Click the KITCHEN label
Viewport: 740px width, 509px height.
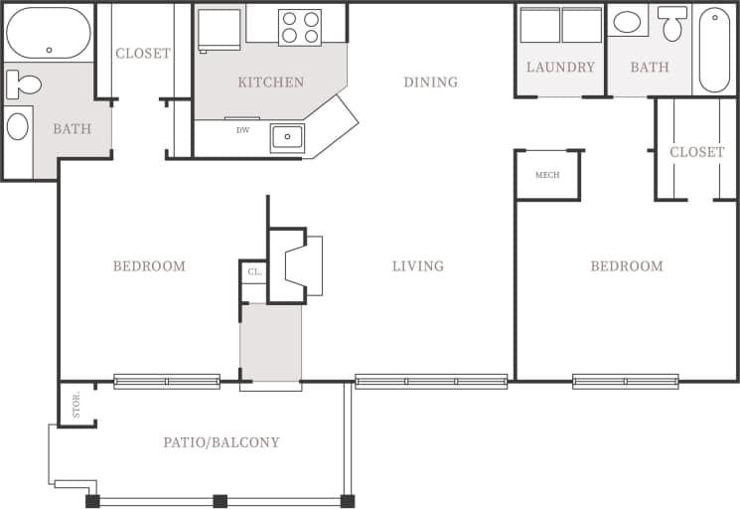[270, 83]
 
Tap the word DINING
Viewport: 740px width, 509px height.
[430, 83]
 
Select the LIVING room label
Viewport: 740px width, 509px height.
[417, 266]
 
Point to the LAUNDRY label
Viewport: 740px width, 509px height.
[560, 68]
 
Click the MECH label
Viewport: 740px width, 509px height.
[547, 175]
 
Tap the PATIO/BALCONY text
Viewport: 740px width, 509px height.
[222, 442]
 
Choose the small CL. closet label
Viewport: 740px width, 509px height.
[254, 270]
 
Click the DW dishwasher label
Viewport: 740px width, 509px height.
[242, 130]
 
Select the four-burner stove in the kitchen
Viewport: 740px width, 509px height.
[300, 27]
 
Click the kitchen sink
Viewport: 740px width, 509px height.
[287, 137]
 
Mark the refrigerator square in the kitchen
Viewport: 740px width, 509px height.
[220, 28]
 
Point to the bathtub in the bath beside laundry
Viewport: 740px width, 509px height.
[714, 49]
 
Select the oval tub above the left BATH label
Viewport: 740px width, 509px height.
[49, 33]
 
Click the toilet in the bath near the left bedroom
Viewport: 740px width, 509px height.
[22, 85]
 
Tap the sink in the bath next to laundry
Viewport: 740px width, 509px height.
[627, 22]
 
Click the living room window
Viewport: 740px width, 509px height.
[431, 381]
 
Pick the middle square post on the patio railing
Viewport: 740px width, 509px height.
[220, 501]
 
